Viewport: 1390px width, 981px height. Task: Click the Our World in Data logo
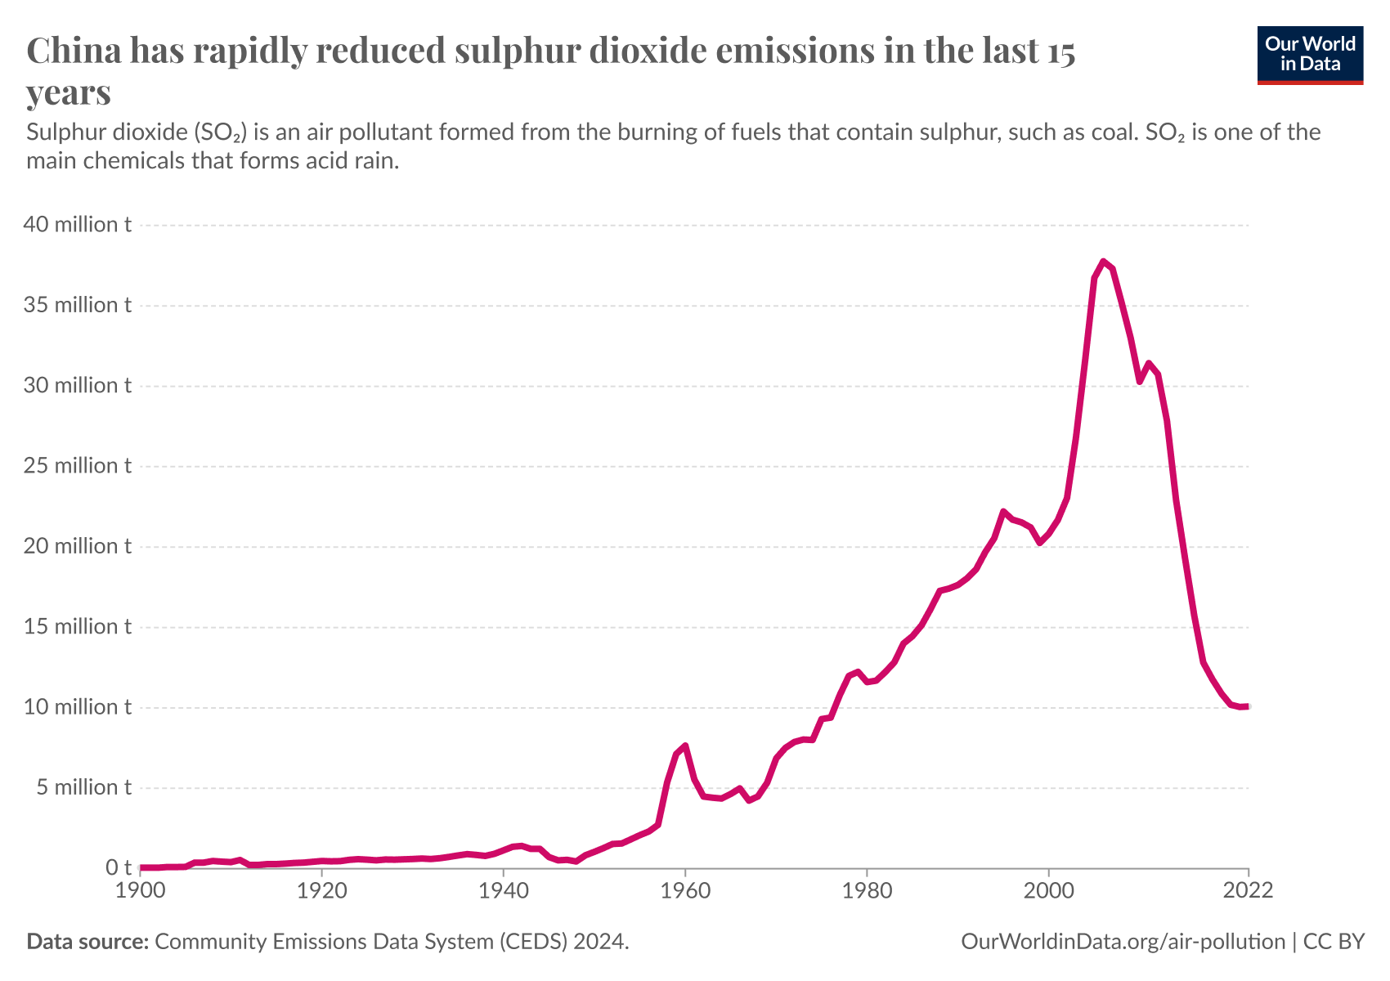click(x=1310, y=55)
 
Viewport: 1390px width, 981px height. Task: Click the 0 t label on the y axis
click(x=118, y=868)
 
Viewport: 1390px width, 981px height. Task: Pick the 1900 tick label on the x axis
click(x=141, y=890)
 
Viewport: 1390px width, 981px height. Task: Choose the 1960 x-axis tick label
click(x=685, y=890)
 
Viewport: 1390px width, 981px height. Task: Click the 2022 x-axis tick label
click(x=1248, y=890)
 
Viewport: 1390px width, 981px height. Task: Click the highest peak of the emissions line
click(x=1103, y=262)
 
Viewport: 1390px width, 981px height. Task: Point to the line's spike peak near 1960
click(x=685, y=746)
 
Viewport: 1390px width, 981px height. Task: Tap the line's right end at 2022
click(x=1247, y=706)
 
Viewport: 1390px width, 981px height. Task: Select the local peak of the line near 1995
click(x=1003, y=512)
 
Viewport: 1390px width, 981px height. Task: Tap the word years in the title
click(x=69, y=92)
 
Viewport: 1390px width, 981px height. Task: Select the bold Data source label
click(x=87, y=942)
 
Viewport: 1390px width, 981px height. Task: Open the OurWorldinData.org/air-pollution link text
click(x=1123, y=942)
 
